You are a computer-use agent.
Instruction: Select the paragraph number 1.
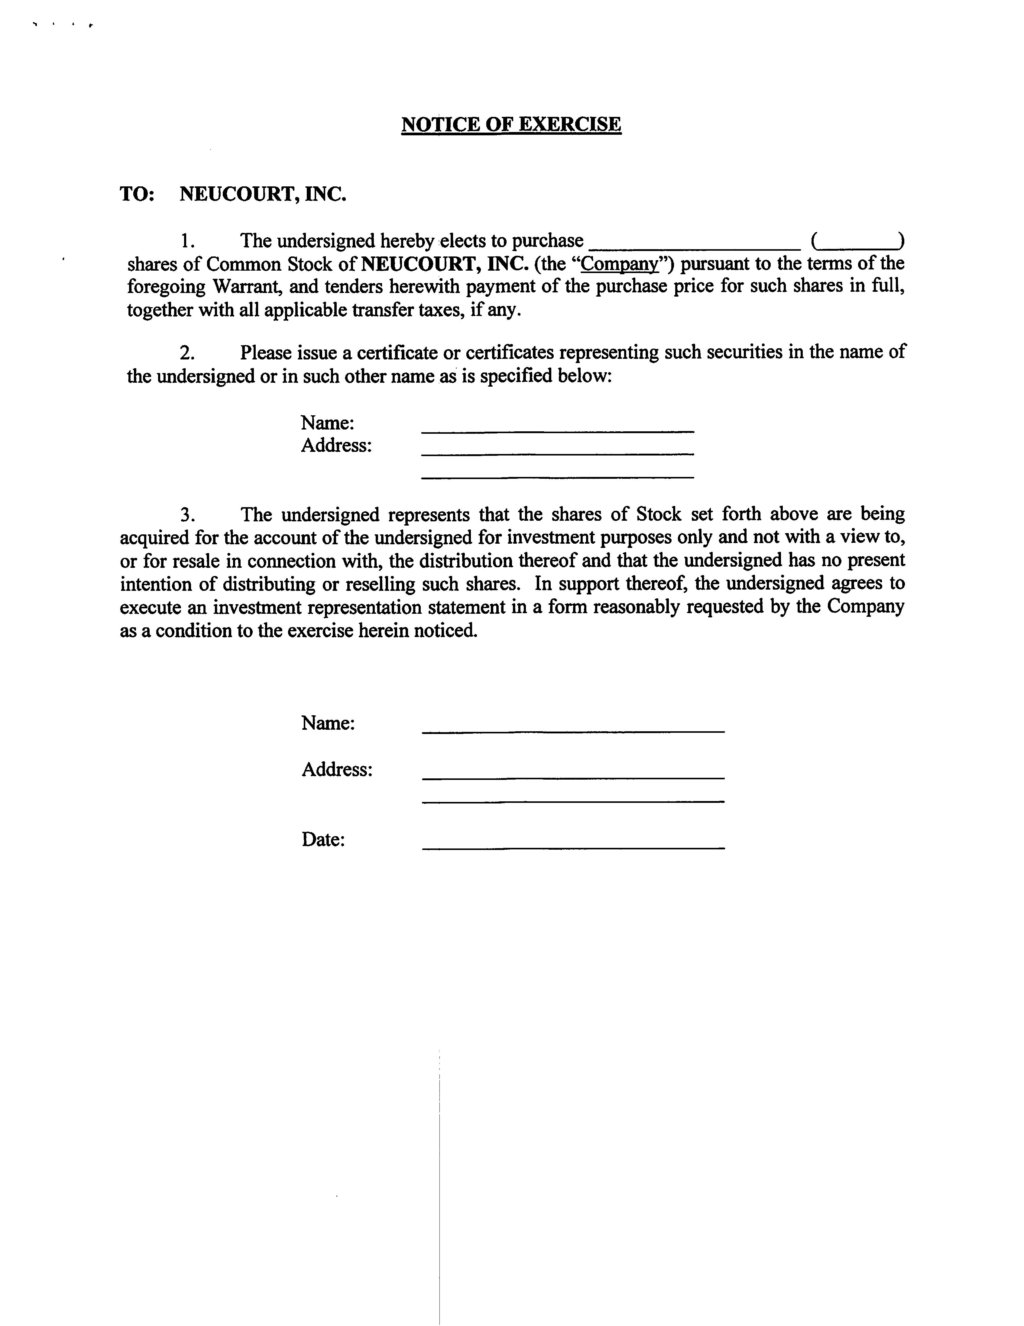187,241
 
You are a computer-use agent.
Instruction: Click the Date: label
323,840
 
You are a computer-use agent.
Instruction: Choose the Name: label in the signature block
328,723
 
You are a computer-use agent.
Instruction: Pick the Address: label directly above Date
337,770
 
